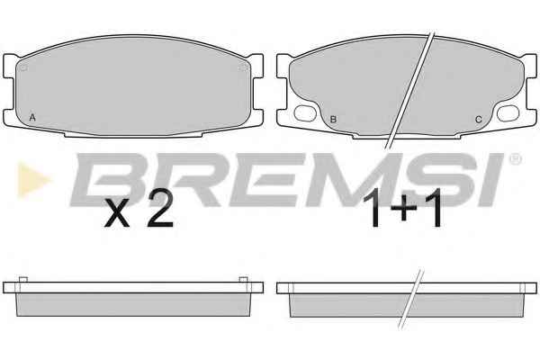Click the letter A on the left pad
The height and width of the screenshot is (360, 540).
32,118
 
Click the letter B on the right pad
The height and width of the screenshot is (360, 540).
333,120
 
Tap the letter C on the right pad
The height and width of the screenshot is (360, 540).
479,120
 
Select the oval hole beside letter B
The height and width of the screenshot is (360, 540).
305,113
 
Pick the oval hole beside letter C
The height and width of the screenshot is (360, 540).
508,113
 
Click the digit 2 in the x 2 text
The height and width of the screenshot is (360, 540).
160,209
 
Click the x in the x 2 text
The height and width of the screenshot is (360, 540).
117,213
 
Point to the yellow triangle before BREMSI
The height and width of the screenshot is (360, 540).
34,180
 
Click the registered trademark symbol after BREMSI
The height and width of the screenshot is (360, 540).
515,158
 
